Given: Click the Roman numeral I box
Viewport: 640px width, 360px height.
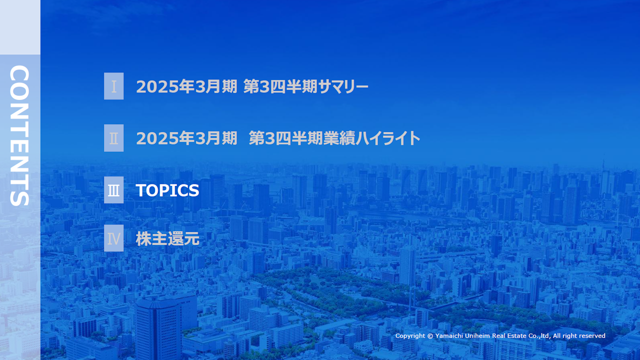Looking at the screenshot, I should pos(113,86).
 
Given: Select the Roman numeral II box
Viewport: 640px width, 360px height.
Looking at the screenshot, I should pos(113,138).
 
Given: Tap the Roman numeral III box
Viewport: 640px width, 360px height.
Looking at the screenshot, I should pos(113,190).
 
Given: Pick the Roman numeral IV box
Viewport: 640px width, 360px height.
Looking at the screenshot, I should pos(113,238).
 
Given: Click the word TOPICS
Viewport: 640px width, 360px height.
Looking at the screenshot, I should pos(167,190).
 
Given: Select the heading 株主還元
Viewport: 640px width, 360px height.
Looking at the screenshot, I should pos(167,239).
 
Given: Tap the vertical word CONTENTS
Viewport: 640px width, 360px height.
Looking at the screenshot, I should pos(19,135).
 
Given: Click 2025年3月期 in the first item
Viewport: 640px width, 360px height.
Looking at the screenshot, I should pos(186,86).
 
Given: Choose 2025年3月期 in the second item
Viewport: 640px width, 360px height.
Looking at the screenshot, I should pos(186,138).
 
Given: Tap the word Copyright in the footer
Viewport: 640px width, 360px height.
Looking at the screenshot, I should pos(410,336).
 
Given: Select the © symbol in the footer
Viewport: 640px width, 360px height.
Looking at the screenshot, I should pos(430,336).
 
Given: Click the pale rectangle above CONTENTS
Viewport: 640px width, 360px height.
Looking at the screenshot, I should pos(20,27).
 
